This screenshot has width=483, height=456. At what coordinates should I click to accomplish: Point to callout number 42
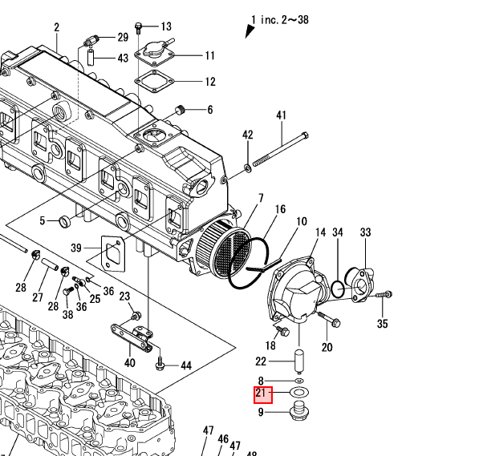247,135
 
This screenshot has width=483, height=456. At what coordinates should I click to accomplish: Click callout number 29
123,38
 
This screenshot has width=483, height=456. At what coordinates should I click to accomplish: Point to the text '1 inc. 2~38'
279,19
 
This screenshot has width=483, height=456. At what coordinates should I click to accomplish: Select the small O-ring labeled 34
339,287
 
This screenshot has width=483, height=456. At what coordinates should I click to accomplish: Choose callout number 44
185,365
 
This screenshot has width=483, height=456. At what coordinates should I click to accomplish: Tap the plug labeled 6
181,109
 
